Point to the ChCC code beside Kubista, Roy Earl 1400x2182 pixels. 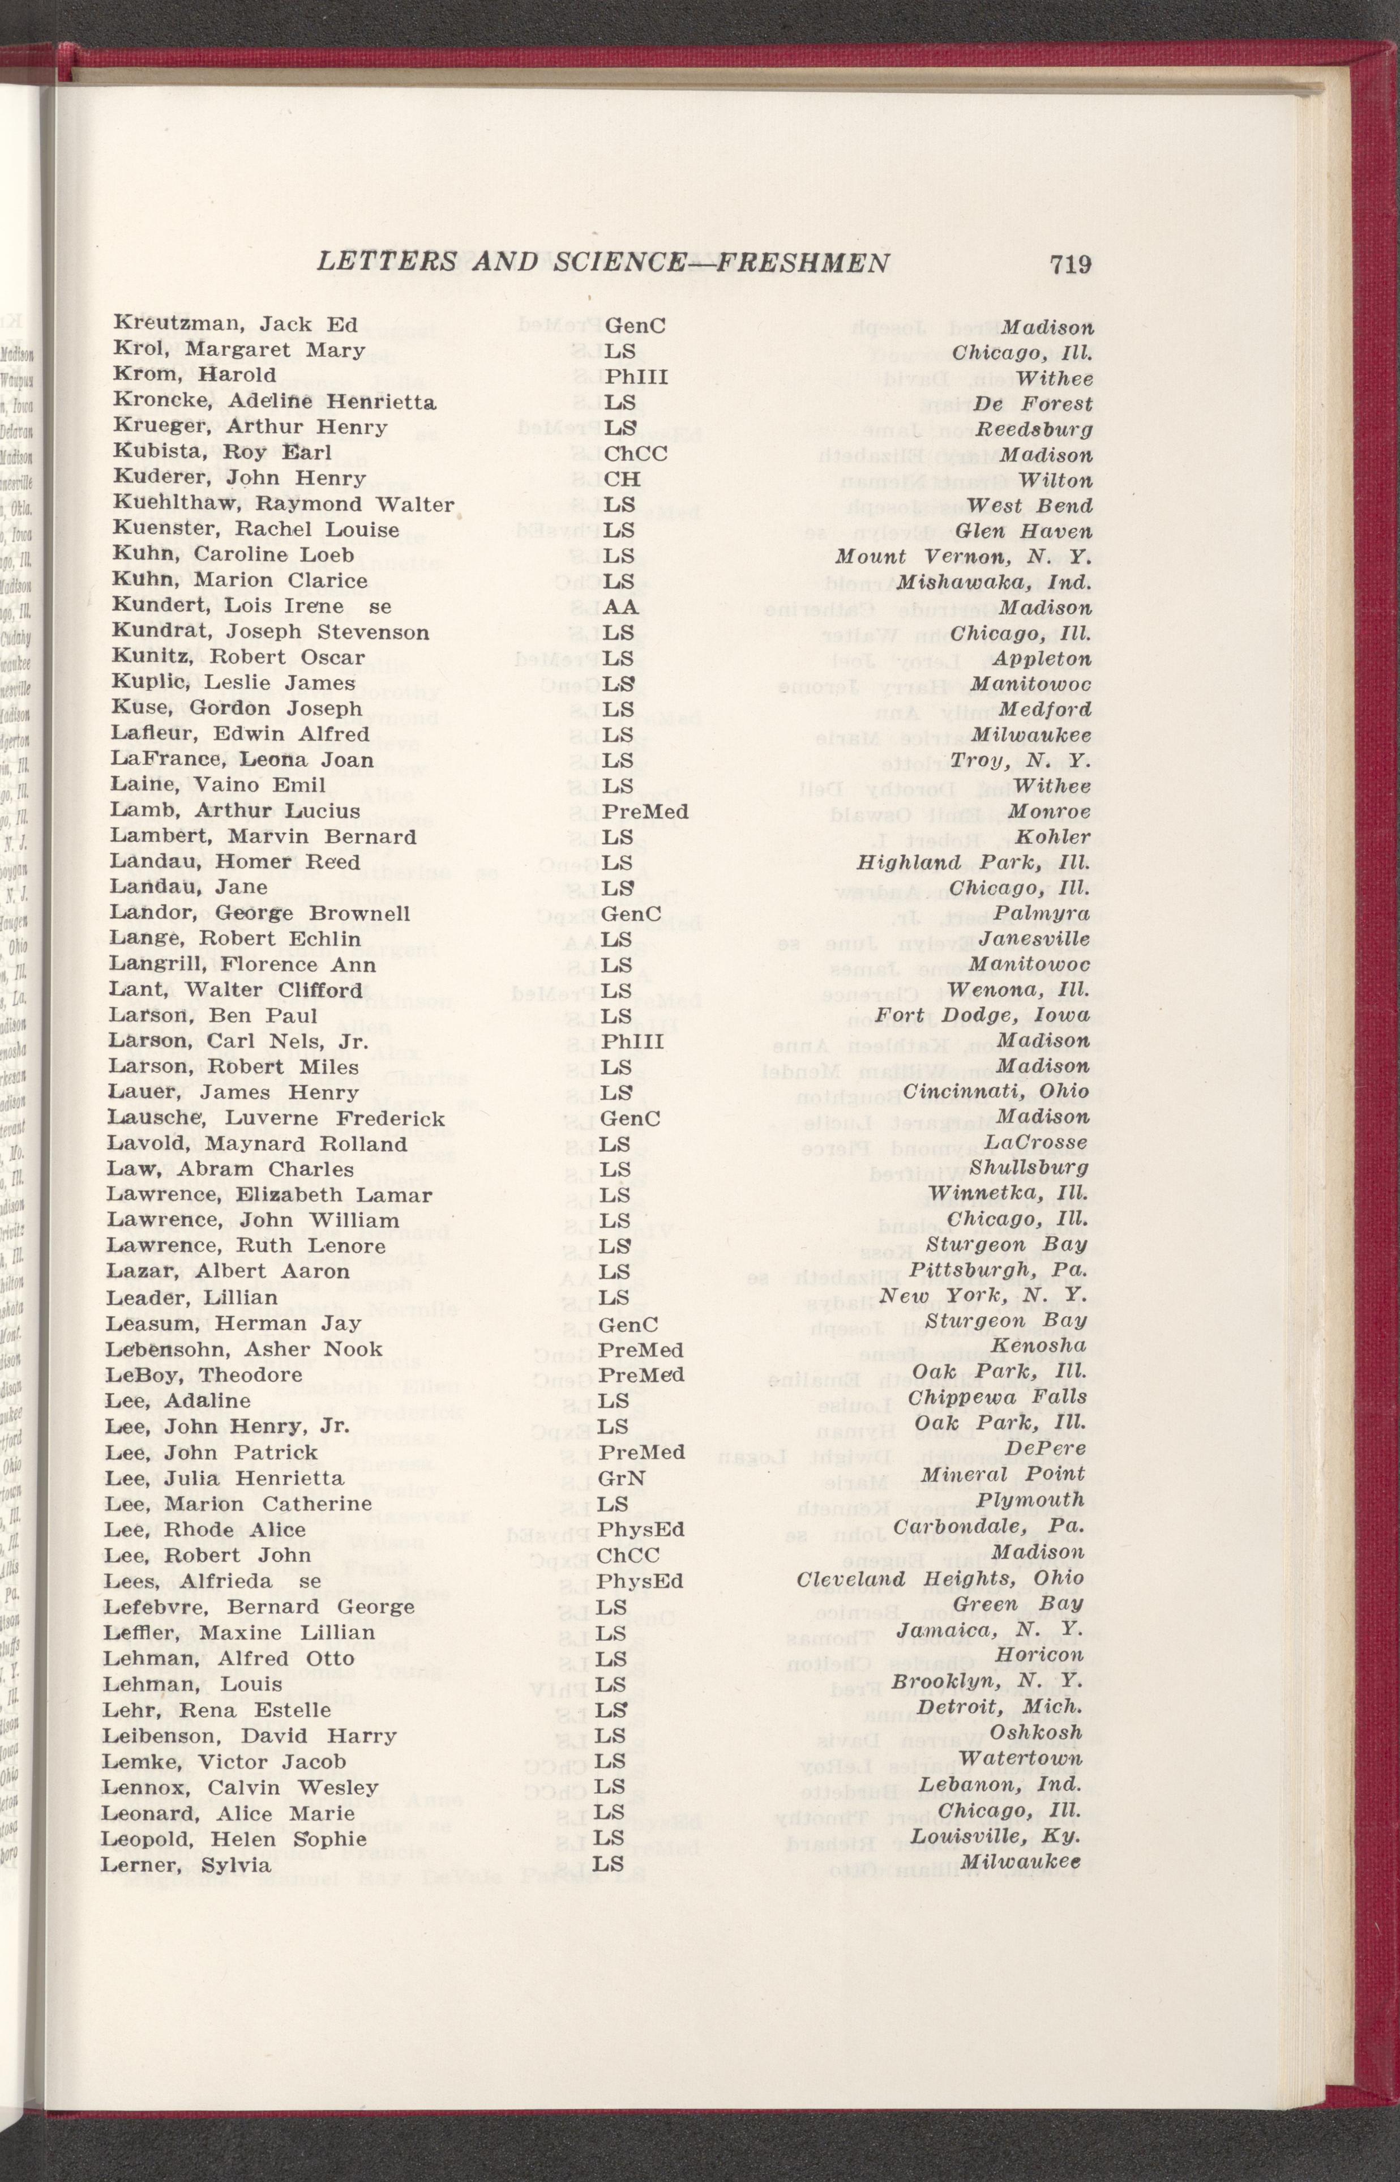[635, 454]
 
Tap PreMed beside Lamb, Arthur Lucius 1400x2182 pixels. [645, 811]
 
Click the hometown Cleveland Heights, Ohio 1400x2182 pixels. [940, 1579]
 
